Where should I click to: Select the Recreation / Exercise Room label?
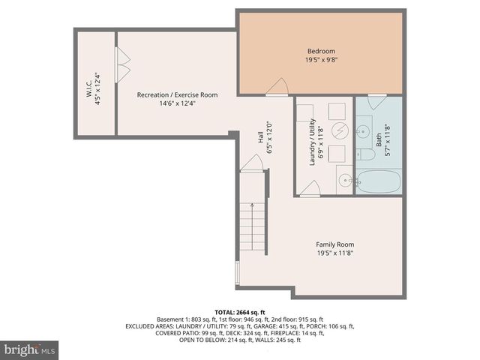click(x=177, y=94)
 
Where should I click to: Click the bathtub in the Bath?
click(x=378, y=181)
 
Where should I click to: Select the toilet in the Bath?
click(x=365, y=154)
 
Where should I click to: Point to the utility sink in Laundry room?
click(x=344, y=180)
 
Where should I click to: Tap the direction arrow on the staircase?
click(x=253, y=205)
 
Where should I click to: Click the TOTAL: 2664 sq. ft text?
click(x=240, y=312)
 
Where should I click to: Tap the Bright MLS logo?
click(x=30, y=349)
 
